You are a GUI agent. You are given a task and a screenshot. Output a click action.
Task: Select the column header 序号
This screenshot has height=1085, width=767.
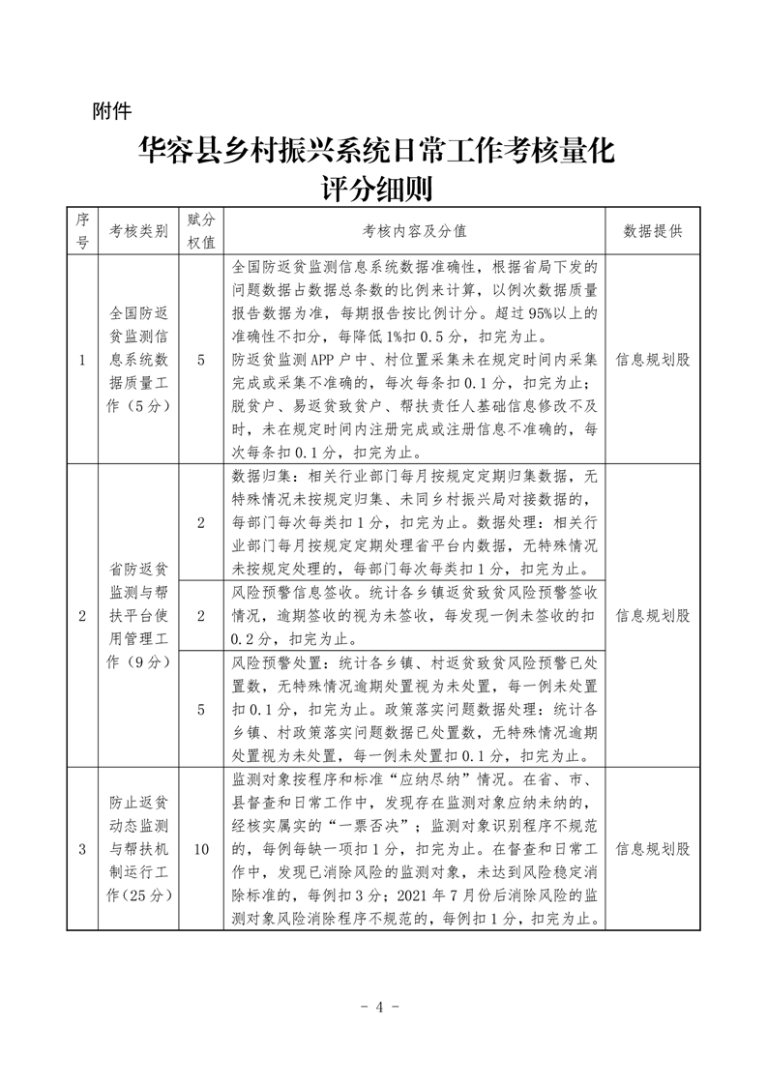click(x=82, y=231)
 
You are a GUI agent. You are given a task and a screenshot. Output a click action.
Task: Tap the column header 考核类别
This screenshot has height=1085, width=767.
click(x=138, y=232)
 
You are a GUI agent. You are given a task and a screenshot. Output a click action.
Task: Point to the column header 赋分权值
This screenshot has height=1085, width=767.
click(x=201, y=231)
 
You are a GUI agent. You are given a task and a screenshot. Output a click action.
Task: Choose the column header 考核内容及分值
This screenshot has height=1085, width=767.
click(x=415, y=232)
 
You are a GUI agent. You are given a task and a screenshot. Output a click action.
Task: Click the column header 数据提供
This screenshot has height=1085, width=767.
click(x=653, y=232)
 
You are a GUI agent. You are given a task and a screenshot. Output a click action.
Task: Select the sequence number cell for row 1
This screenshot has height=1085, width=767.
click(x=82, y=360)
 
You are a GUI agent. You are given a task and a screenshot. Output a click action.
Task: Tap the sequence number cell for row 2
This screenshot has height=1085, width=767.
click(x=82, y=615)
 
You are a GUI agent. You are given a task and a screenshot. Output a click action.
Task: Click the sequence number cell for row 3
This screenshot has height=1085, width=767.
click(x=82, y=849)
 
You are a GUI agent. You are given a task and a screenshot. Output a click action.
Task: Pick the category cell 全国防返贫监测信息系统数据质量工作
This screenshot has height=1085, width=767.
click(x=138, y=360)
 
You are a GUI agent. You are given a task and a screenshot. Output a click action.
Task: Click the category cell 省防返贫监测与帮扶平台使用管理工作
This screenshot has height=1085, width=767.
click(x=138, y=615)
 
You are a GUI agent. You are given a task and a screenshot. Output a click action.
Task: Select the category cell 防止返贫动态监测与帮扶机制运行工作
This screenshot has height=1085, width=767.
click(x=138, y=849)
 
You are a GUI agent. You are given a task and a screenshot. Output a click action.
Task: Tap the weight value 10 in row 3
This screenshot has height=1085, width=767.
click(x=201, y=849)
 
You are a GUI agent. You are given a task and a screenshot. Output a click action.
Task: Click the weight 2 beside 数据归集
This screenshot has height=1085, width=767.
click(x=201, y=522)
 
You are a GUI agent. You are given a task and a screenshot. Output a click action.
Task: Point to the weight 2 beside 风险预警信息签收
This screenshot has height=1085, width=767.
click(x=201, y=615)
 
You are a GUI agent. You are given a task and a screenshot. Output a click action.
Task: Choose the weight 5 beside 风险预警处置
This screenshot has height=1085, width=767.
click(x=201, y=708)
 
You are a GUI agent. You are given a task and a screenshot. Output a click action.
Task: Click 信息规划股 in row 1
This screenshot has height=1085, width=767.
click(x=653, y=360)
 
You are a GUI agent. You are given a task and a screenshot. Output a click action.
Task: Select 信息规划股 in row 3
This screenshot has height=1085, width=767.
click(x=653, y=849)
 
